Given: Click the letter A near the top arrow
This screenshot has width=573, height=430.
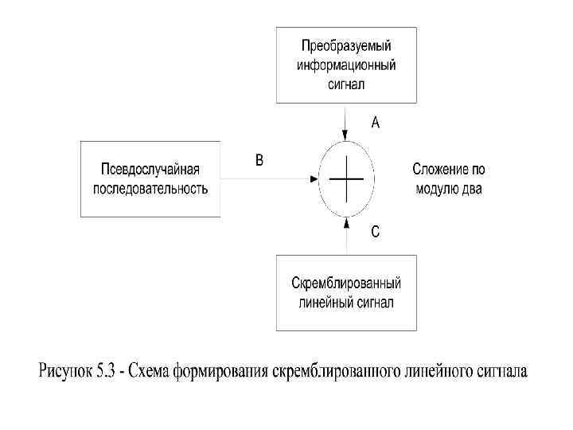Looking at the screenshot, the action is tap(376, 123).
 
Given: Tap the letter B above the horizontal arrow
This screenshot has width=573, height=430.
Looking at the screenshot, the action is tap(259, 160).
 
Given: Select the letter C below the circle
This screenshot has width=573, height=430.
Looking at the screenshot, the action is tap(376, 233).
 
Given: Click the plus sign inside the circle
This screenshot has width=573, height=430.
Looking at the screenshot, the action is tap(346, 179).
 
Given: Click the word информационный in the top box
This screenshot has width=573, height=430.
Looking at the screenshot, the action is tap(345, 64).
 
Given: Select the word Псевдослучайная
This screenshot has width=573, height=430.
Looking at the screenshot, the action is tap(150, 170).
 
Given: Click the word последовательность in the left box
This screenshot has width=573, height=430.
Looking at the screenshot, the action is tap(150, 189).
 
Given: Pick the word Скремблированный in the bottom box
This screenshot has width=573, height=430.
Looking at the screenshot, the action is tap(346, 284).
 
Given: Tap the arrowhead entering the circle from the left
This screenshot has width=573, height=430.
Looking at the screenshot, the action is tap(314, 179).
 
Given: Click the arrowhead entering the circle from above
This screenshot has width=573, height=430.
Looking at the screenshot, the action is tap(346, 137).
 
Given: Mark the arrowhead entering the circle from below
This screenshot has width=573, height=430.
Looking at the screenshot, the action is tap(346, 222).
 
